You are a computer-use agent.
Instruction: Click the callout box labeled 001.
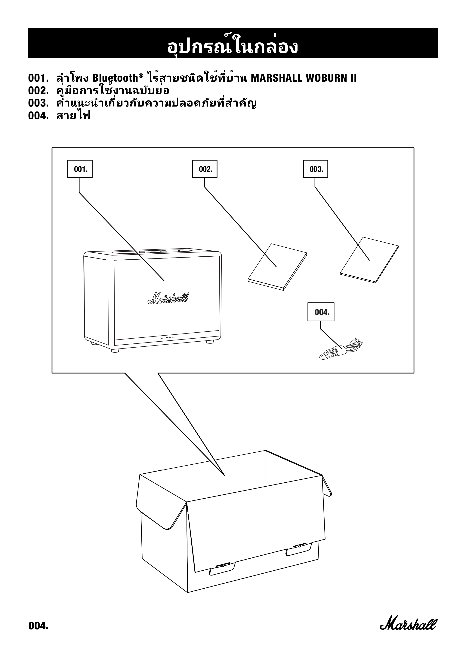[80, 169]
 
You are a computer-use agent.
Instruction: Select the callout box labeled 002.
[205, 169]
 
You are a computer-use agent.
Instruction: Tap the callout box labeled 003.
[315, 169]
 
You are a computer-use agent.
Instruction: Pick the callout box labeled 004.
[321, 312]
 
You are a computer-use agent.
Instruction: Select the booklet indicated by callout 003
[369, 260]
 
